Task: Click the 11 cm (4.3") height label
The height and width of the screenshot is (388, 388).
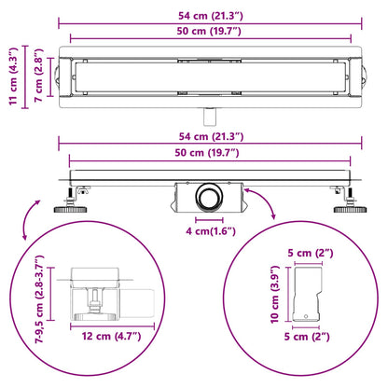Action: (13, 76)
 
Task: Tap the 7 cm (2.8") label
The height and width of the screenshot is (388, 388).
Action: (38, 76)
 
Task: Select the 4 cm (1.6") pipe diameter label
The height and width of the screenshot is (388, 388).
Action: (211, 231)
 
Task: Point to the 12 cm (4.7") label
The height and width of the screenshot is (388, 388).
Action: (111, 336)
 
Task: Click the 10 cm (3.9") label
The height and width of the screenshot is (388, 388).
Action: (275, 294)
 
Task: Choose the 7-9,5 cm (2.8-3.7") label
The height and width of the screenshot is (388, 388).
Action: (40, 299)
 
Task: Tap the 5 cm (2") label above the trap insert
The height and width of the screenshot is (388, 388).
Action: (311, 253)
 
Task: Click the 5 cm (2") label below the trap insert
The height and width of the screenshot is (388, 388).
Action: (307, 337)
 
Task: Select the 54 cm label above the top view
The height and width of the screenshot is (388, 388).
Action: (211, 16)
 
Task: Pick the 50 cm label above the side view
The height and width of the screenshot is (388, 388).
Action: (207, 153)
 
